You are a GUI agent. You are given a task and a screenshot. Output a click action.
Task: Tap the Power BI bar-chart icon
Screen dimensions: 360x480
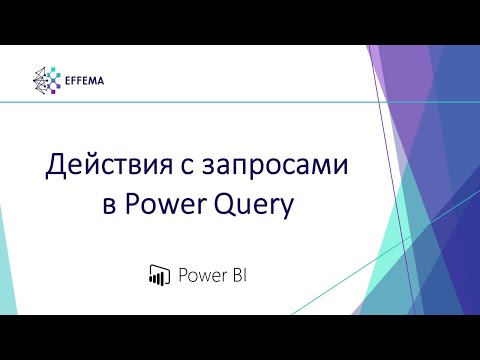coord(156,274)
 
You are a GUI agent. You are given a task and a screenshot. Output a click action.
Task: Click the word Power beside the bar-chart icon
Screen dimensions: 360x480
coord(199,274)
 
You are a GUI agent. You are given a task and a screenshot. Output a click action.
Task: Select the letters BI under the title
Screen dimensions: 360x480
coord(236,274)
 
